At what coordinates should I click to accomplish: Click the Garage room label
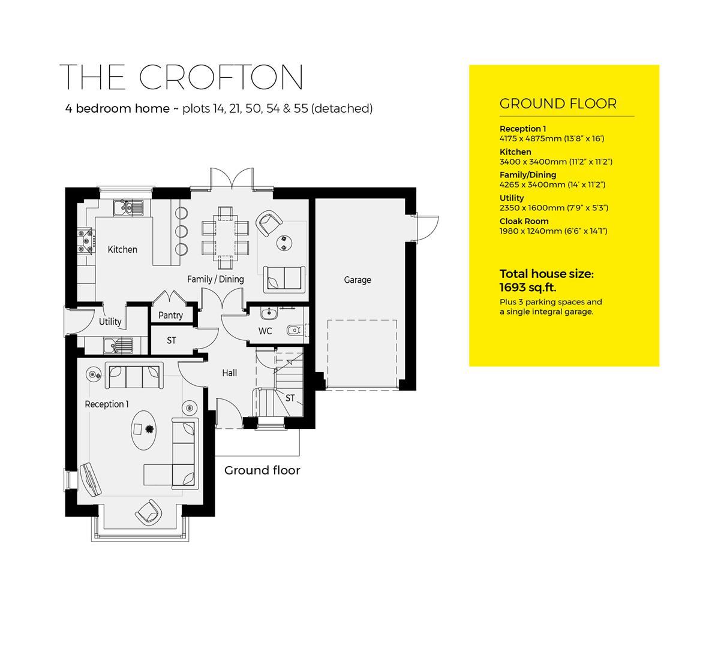[x=358, y=280]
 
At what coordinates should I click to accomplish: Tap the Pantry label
[x=170, y=315]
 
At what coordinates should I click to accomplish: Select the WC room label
[x=265, y=331]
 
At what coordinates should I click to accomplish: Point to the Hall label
[x=229, y=373]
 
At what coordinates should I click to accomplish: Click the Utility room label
[x=110, y=322]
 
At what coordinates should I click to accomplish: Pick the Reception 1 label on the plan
[x=106, y=404]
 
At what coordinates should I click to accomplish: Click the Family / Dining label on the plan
[x=215, y=279]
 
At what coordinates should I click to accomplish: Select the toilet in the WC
[x=295, y=329]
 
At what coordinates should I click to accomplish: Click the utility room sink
[x=118, y=346]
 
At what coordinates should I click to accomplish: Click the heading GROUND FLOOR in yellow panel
[x=557, y=104]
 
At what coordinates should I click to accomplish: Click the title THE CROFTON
[x=182, y=77]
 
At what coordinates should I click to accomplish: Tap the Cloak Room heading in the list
[x=524, y=221]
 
